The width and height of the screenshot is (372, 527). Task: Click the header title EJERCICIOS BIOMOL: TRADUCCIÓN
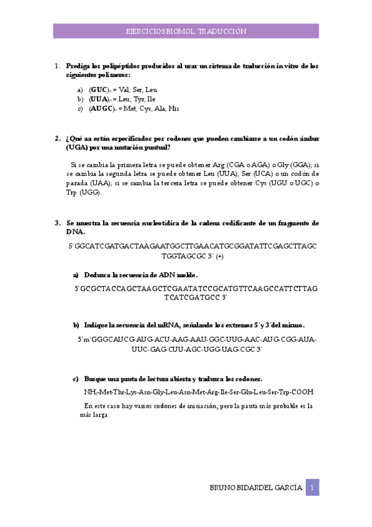click(186, 31)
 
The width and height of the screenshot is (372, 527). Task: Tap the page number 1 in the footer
click(313, 488)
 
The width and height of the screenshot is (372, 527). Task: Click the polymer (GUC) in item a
click(98, 89)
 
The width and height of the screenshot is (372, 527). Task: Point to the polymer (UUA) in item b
click(99, 99)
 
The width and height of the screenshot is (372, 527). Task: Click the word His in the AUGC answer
click(173, 108)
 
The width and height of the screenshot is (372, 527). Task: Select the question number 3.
click(57, 222)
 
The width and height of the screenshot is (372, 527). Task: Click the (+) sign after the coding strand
click(220, 255)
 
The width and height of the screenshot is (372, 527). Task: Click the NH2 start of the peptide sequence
click(89, 392)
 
